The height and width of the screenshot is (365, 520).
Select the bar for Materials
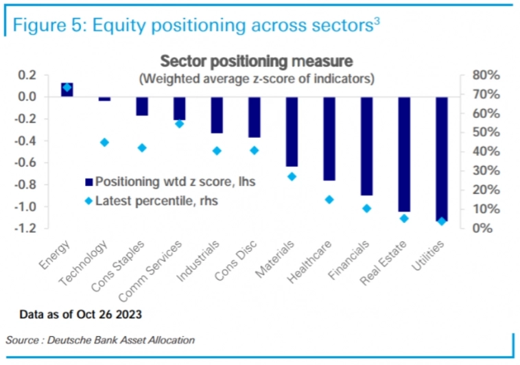(292, 132)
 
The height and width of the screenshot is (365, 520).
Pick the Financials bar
(366, 146)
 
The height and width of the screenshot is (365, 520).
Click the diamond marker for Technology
(104, 142)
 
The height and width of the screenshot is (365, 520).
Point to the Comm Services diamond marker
(179, 123)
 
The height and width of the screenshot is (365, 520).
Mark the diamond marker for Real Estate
(404, 218)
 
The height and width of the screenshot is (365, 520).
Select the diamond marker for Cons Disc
(255, 150)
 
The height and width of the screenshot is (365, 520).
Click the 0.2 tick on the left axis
(27, 75)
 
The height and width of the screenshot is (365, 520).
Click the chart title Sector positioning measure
(256, 60)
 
